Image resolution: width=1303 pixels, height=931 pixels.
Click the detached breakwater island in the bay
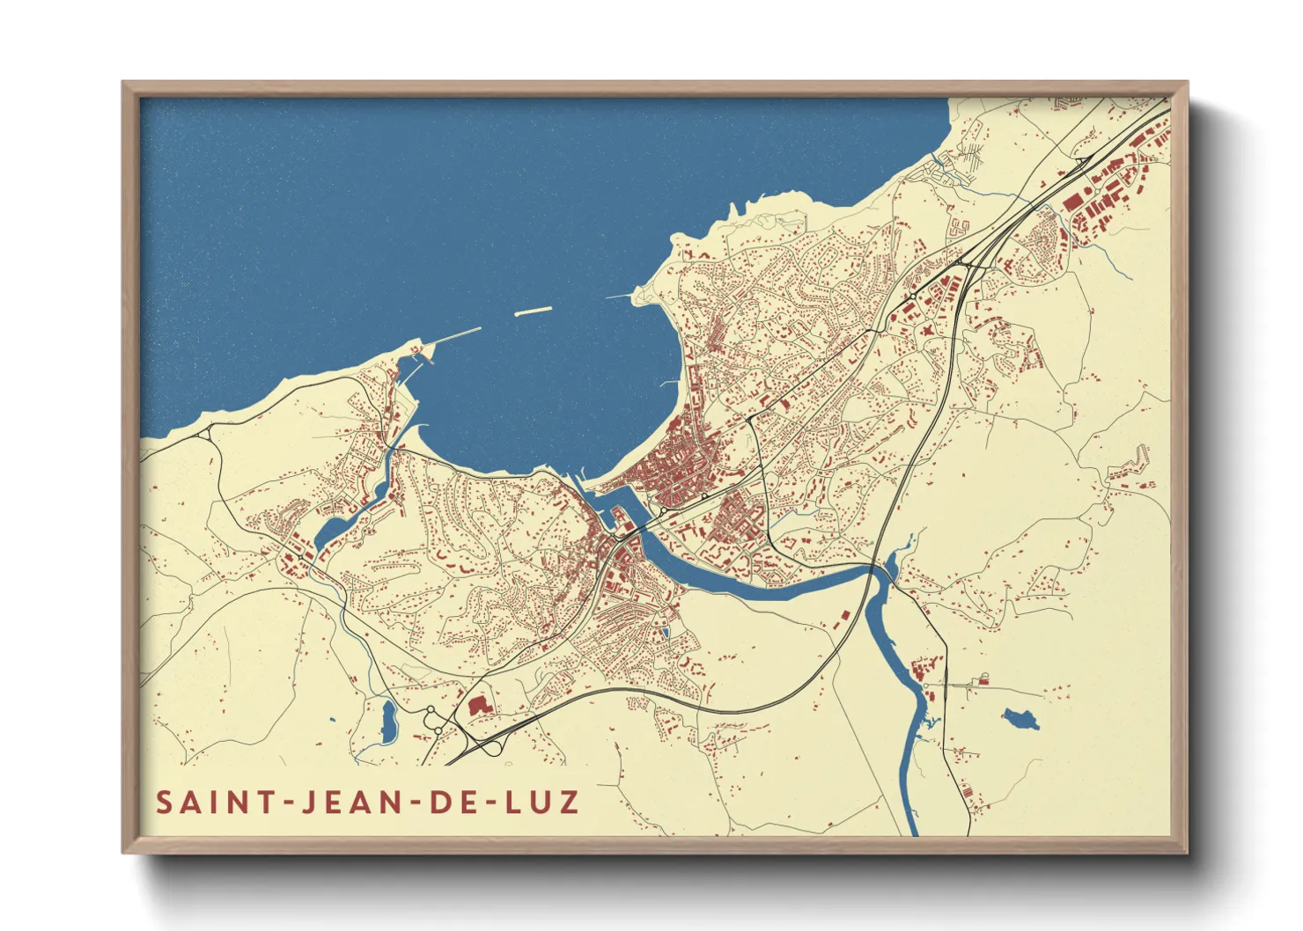533,311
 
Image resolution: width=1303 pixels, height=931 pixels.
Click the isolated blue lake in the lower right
1020,718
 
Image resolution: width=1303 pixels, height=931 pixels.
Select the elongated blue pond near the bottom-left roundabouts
388,720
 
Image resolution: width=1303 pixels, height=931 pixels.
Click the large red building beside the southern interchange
478,705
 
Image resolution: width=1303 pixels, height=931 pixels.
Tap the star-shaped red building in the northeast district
926,331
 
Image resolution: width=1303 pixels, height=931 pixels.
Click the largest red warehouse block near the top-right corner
1073,202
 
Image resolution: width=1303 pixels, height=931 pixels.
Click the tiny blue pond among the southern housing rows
666,631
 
